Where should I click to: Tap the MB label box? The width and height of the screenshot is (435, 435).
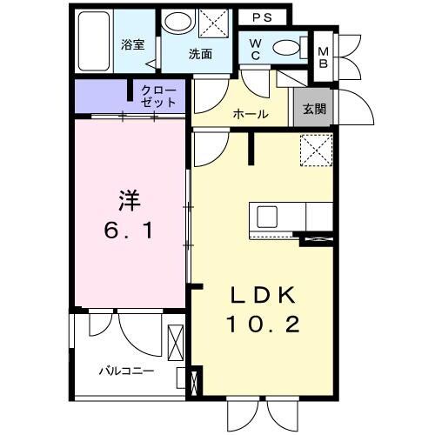click(x=322, y=57)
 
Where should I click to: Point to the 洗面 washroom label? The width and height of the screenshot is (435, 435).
click(x=201, y=54)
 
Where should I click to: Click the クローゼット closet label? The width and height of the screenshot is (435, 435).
click(x=157, y=96)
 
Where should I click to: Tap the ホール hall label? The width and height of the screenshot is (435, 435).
click(x=250, y=114)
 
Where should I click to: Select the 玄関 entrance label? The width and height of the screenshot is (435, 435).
click(x=314, y=110)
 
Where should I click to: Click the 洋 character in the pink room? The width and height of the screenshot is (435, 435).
click(x=127, y=198)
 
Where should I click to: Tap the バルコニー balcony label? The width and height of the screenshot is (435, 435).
click(x=125, y=371)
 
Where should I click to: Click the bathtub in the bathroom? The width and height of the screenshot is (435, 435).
click(x=92, y=43)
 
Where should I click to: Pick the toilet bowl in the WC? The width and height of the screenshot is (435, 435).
click(x=284, y=47)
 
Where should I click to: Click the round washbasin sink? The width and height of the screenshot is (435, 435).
click(x=179, y=23)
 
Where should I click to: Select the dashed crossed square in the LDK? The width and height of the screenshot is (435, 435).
click(x=315, y=151)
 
